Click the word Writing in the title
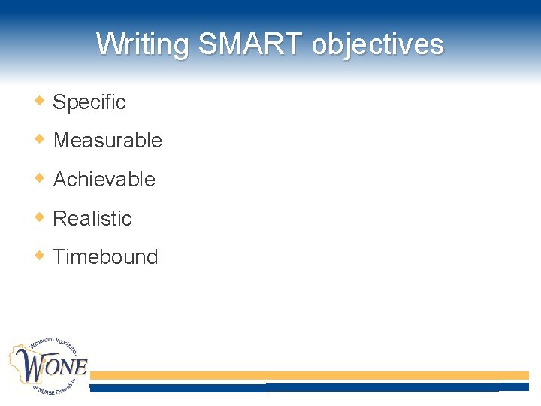click(x=143, y=44)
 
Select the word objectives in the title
click(x=378, y=44)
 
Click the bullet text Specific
click(x=89, y=102)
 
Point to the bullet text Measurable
click(x=107, y=141)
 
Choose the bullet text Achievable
click(x=104, y=180)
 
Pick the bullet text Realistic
click(x=92, y=219)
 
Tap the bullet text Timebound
click(x=105, y=257)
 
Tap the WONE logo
click(x=48, y=366)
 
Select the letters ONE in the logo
click(x=68, y=367)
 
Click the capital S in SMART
click(x=207, y=44)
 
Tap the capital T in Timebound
click(x=59, y=257)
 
